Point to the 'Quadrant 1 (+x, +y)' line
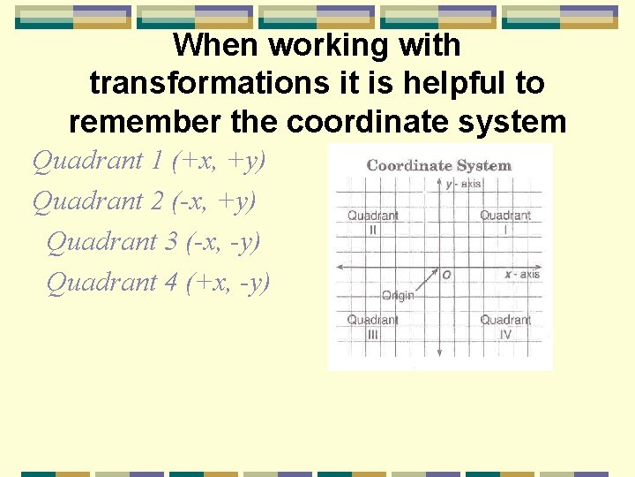click(x=149, y=161)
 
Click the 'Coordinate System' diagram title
click(x=438, y=165)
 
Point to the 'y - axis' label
click(x=463, y=184)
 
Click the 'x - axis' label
click(x=521, y=275)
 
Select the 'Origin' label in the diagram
click(x=398, y=295)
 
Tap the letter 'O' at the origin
click(x=447, y=275)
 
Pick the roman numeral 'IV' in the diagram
click(x=505, y=335)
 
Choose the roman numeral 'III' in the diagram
click(x=373, y=335)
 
